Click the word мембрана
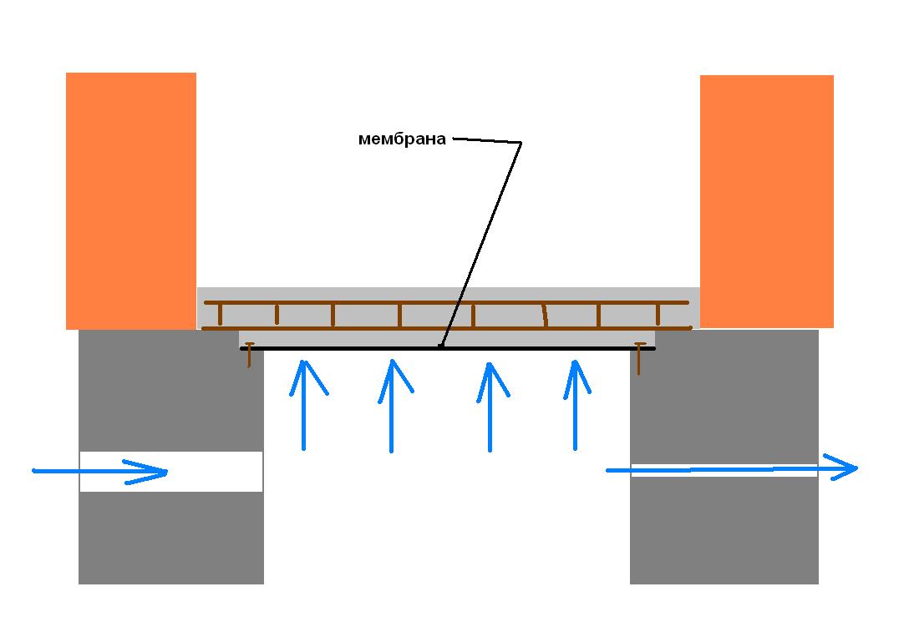pos(402,139)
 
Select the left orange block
pos(131,201)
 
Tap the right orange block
pos(767,201)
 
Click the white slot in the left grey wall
pos(171,472)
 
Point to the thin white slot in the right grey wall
pos(724,470)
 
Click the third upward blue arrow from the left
pos(490,407)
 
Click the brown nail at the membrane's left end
pos(249,355)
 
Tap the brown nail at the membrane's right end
pos(639,358)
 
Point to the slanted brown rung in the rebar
pos(545,316)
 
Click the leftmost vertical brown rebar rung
pos(221,315)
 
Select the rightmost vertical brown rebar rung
pos(658,315)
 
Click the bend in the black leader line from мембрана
pos(521,143)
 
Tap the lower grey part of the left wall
pos(171,538)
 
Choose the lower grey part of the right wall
pos(724,530)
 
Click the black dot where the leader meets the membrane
pos(440,346)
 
